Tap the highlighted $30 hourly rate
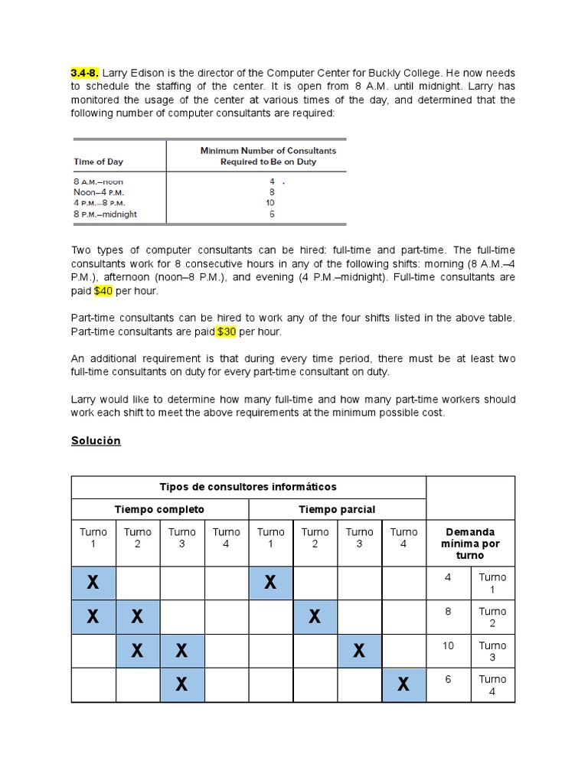pos(226,332)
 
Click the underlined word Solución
pos(96,440)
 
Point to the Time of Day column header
pos(98,162)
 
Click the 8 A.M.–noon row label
pos(99,181)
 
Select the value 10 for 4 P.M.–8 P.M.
pos(269,203)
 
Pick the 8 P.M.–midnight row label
pos(105,214)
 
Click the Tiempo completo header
pos(159,509)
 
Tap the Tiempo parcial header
pos(337,509)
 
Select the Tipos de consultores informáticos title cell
pos(248,487)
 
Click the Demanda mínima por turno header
pos(469,543)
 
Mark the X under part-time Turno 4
pos(403,684)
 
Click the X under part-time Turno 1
pos(270,583)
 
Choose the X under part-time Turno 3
pos(359,651)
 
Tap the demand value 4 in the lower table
pos(448,577)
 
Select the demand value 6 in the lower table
pos(448,679)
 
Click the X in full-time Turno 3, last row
pos(181,684)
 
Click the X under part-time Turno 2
pos(315,616)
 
